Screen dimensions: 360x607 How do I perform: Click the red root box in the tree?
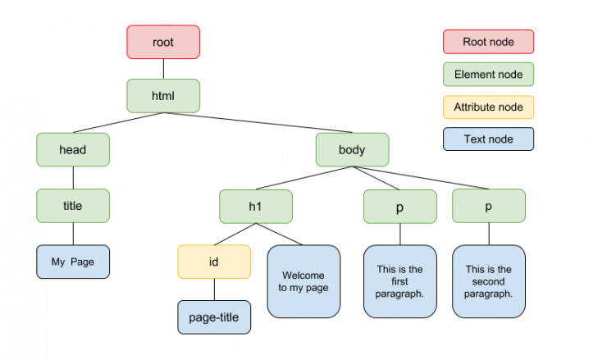point(163,42)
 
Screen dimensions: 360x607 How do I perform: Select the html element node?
point(163,96)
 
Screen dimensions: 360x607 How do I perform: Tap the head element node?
point(73,150)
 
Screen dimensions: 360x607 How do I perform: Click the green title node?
point(73,206)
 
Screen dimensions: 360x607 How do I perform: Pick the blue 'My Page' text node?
point(73,262)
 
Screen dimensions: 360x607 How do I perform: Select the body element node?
point(352,150)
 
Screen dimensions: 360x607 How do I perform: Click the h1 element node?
point(255,207)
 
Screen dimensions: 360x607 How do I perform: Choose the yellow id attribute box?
point(214,262)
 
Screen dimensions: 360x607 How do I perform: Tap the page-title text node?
point(214,317)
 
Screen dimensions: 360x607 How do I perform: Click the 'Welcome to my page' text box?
point(303,281)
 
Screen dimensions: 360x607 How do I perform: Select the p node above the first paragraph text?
point(399,207)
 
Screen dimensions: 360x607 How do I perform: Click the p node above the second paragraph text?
point(488,206)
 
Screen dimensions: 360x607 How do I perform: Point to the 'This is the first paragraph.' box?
point(399,281)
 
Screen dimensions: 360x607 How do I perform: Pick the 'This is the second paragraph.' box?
point(488,281)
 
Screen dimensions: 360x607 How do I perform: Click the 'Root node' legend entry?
point(488,42)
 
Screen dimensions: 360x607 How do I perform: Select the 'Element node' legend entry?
point(488,75)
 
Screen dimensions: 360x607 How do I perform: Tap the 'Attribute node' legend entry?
point(488,107)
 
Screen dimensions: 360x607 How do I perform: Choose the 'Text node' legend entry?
point(488,139)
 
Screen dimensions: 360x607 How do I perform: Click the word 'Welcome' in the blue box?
point(303,275)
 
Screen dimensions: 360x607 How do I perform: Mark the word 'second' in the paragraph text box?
point(488,281)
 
